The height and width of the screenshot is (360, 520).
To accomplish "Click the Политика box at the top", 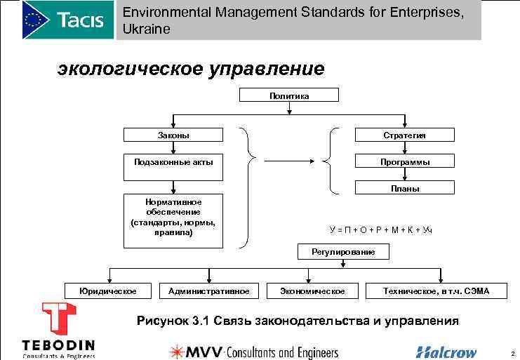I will pyautogui.click(x=289, y=95).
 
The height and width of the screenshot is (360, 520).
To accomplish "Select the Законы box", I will pyautogui.click(x=173, y=135).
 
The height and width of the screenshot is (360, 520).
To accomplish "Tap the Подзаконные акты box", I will pyautogui.click(x=173, y=162).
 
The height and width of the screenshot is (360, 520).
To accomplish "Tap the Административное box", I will pyautogui.click(x=209, y=291).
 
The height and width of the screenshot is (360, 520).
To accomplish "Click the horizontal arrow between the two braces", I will pyautogui.click(x=288, y=162).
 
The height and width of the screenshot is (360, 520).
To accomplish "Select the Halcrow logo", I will pyautogui.click(x=446, y=352).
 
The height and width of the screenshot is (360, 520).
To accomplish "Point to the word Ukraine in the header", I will pyautogui.click(x=146, y=29).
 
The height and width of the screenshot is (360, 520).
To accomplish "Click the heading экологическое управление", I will pyautogui.click(x=191, y=69).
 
